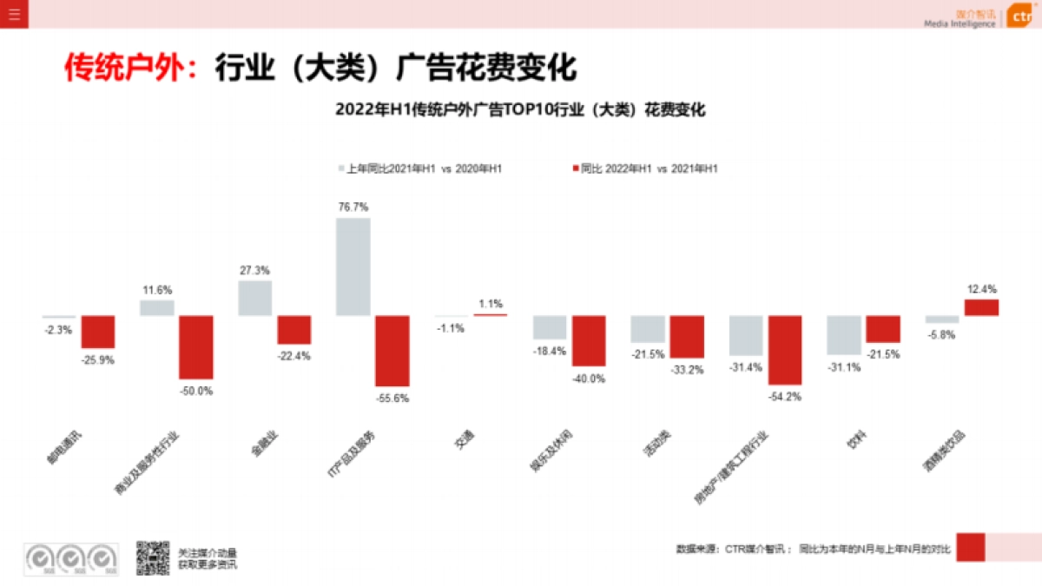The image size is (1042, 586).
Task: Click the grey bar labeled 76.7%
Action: tap(353, 267)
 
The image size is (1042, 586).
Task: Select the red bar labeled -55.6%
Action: tap(392, 351)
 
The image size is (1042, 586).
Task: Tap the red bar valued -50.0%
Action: tap(196, 347)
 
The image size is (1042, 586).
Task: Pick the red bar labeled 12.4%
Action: tap(981, 307)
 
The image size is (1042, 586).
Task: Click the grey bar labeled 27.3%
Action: tap(255, 298)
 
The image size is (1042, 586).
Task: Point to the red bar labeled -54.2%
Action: tap(785, 350)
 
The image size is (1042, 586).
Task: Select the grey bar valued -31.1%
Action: tap(843, 335)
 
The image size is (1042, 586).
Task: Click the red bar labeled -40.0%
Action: tap(589, 340)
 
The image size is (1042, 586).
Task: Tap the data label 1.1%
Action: tap(491, 304)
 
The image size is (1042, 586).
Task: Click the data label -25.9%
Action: tap(98, 359)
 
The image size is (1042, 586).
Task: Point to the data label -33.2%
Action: tap(687, 369)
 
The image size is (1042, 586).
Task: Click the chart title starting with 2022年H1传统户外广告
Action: tap(520, 110)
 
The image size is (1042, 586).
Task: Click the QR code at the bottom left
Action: tap(152, 557)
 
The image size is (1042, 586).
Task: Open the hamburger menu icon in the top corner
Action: tap(14, 14)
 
